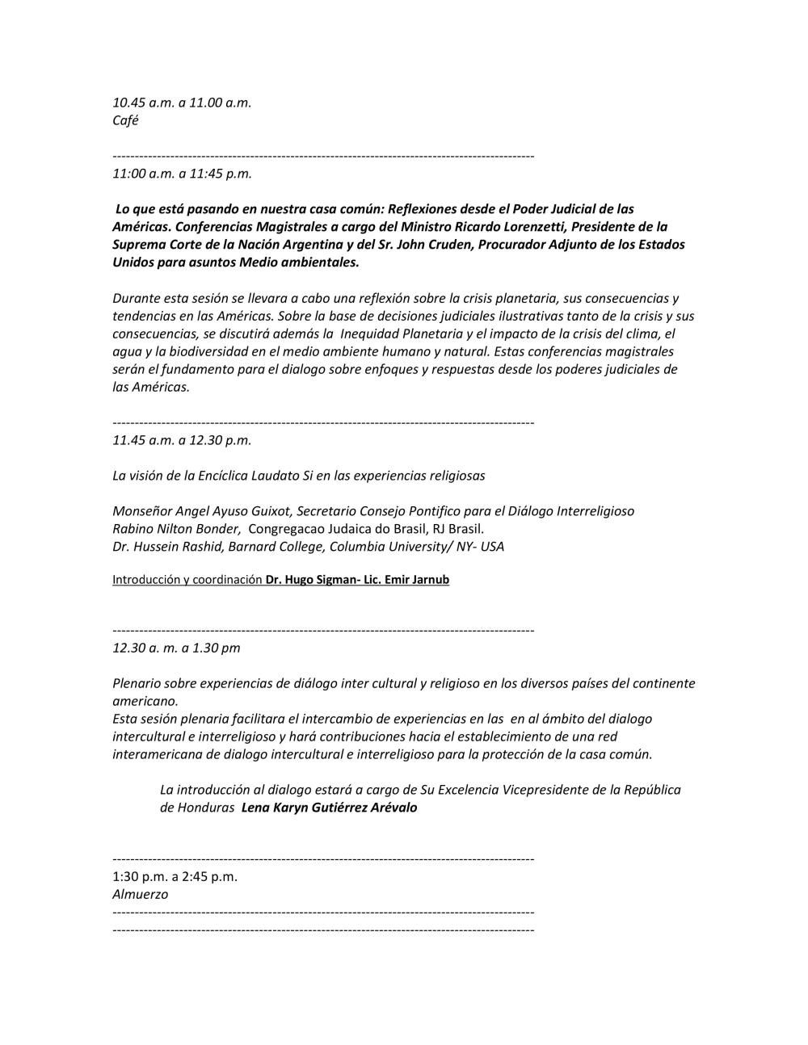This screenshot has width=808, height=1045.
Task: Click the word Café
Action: [x=125, y=120]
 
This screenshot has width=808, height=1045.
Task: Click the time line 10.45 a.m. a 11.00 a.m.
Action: [x=182, y=103]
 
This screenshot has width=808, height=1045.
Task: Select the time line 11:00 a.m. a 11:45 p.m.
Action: [x=182, y=173]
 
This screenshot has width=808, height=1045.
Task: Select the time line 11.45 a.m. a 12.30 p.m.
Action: [x=182, y=440]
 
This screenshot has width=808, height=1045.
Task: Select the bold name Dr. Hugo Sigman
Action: [x=305, y=580]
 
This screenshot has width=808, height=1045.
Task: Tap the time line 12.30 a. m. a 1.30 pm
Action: [x=176, y=648]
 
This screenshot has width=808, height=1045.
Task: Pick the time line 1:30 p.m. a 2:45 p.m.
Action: [x=175, y=876]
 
